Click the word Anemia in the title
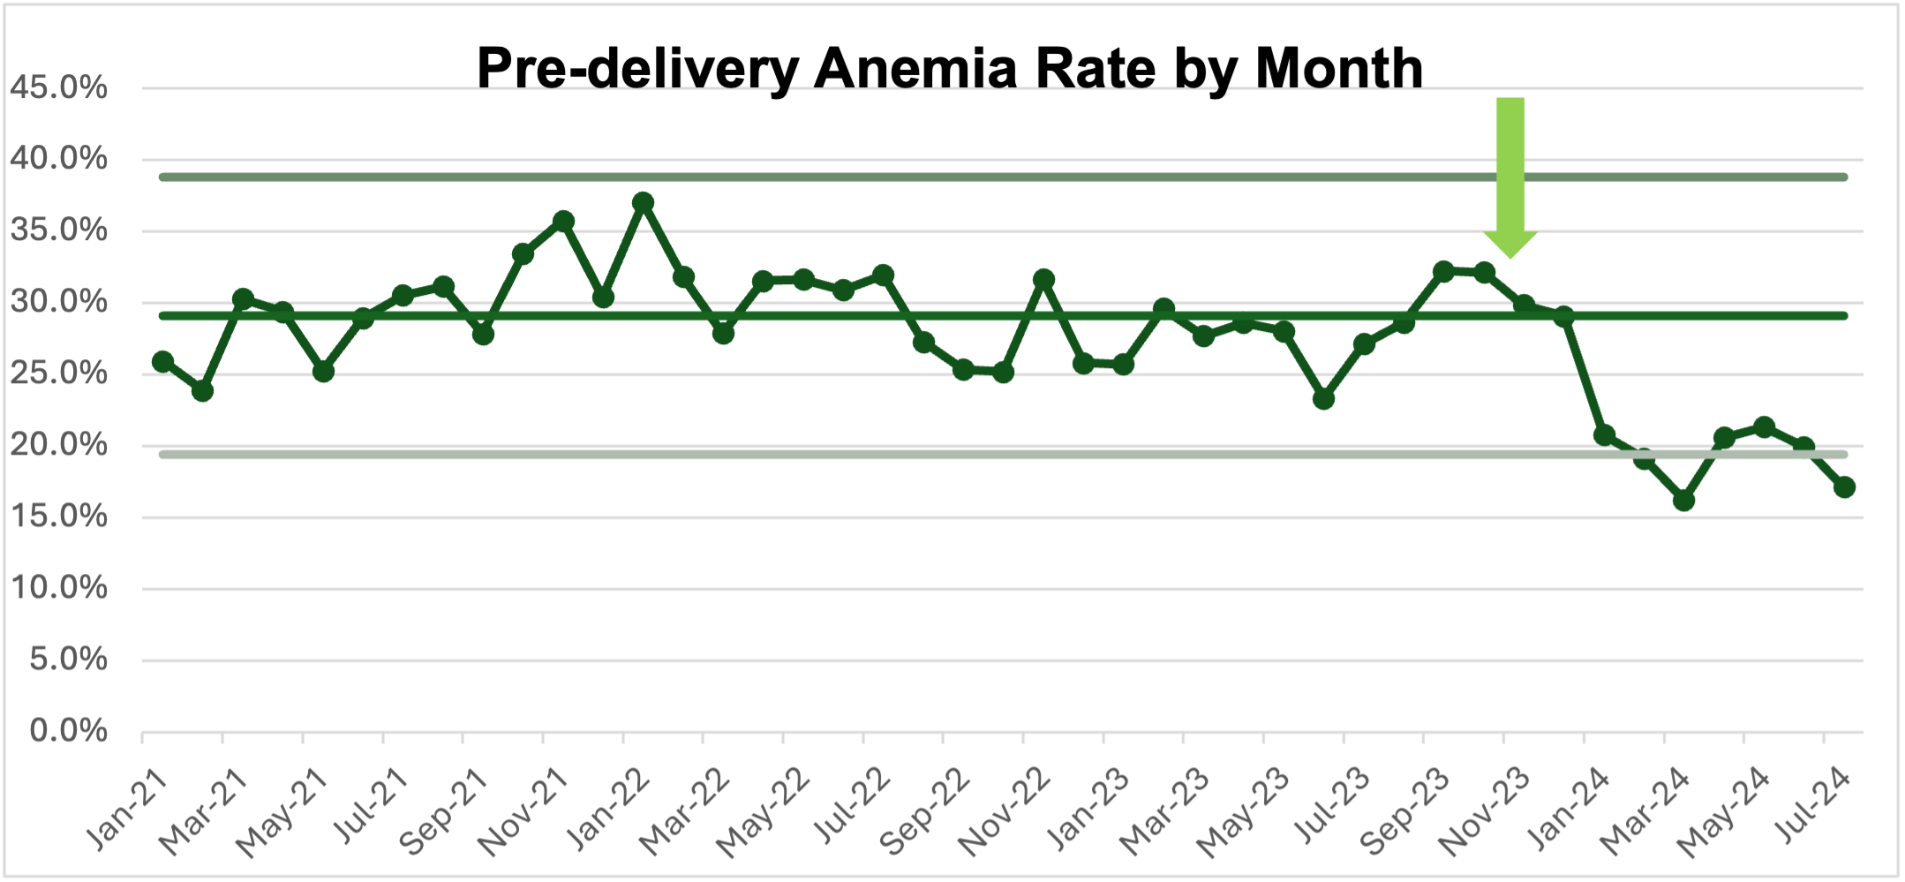916,68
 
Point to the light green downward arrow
1510,177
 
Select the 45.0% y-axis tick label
58,87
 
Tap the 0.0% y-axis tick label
68,731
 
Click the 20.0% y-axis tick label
58,445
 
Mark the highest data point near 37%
644,202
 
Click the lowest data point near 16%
1683,501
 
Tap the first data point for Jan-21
162,361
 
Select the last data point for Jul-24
1844,487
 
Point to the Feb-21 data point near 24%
202,390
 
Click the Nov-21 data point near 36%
563,221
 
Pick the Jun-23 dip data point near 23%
1323,399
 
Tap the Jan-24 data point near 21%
1604,435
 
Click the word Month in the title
1338,68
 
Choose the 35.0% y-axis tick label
58,230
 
